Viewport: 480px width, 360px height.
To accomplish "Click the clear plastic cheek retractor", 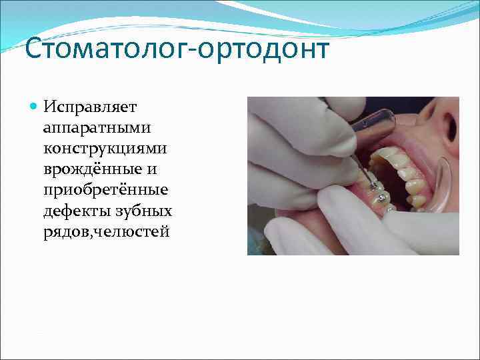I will (441, 187).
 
